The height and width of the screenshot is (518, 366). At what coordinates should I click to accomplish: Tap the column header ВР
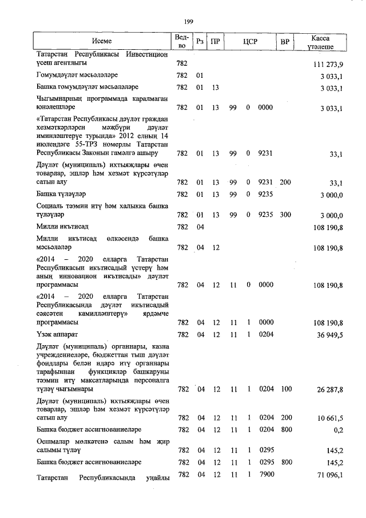click(284, 41)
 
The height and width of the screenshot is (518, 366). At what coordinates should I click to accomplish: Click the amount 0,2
click(338, 429)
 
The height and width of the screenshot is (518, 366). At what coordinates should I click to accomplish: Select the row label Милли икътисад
click(61, 227)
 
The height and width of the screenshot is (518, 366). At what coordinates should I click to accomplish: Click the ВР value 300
click(286, 215)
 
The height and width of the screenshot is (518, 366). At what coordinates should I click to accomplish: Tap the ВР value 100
click(286, 389)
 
